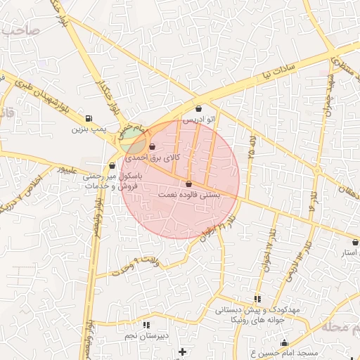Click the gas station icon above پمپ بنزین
point(88,118)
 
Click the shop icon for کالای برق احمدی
point(153,146)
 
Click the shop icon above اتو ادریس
point(198,108)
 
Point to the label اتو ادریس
point(198,120)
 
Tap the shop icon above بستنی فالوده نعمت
point(188,183)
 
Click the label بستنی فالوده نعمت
point(190,194)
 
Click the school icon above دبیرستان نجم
point(146,325)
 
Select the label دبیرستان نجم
point(146,336)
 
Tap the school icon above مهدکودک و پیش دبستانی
point(257,299)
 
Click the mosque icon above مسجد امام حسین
point(284,343)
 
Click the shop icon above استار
point(355,242)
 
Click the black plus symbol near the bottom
point(183,351)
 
